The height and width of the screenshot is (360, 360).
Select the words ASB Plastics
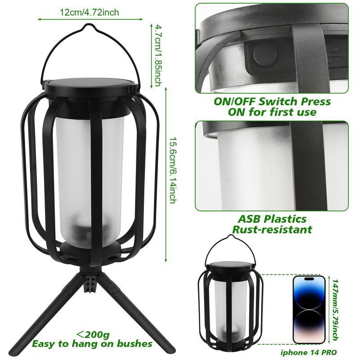tap(272, 219)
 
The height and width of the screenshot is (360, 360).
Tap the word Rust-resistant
tap(272, 229)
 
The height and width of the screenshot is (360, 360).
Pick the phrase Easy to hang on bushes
tap(92, 344)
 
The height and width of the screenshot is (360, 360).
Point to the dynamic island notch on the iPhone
tap(308, 279)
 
